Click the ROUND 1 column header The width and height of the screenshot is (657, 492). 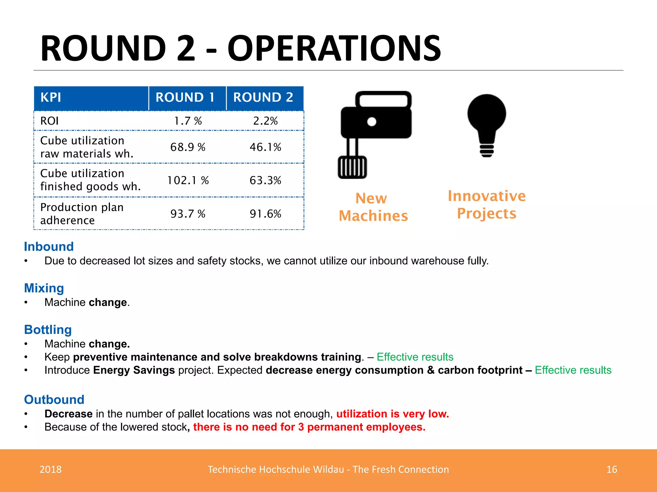point(185,97)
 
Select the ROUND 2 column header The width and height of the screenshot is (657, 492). point(263,97)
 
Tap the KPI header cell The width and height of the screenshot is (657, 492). point(51,97)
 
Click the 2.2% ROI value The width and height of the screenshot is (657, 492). point(265,121)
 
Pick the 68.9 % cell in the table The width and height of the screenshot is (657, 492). point(188,147)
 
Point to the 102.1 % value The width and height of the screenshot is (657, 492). point(188,180)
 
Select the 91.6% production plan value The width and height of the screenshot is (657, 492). point(265,214)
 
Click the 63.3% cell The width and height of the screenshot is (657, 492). point(265,180)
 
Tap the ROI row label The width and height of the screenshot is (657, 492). point(49,121)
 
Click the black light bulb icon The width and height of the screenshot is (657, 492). point(487,125)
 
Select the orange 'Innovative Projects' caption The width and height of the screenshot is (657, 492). point(487,205)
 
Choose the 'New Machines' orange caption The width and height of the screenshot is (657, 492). point(373,207)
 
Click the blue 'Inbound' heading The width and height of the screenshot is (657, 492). point(49,247)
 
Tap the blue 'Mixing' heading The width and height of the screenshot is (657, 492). point(44,288)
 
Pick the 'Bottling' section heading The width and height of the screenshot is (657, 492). point(48,330)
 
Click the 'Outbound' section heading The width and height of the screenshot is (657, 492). point(54,399)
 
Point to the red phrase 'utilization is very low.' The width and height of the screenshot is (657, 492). point(392,414)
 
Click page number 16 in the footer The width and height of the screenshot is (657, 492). point(611,469)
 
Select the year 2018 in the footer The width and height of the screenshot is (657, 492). point(50,469)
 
